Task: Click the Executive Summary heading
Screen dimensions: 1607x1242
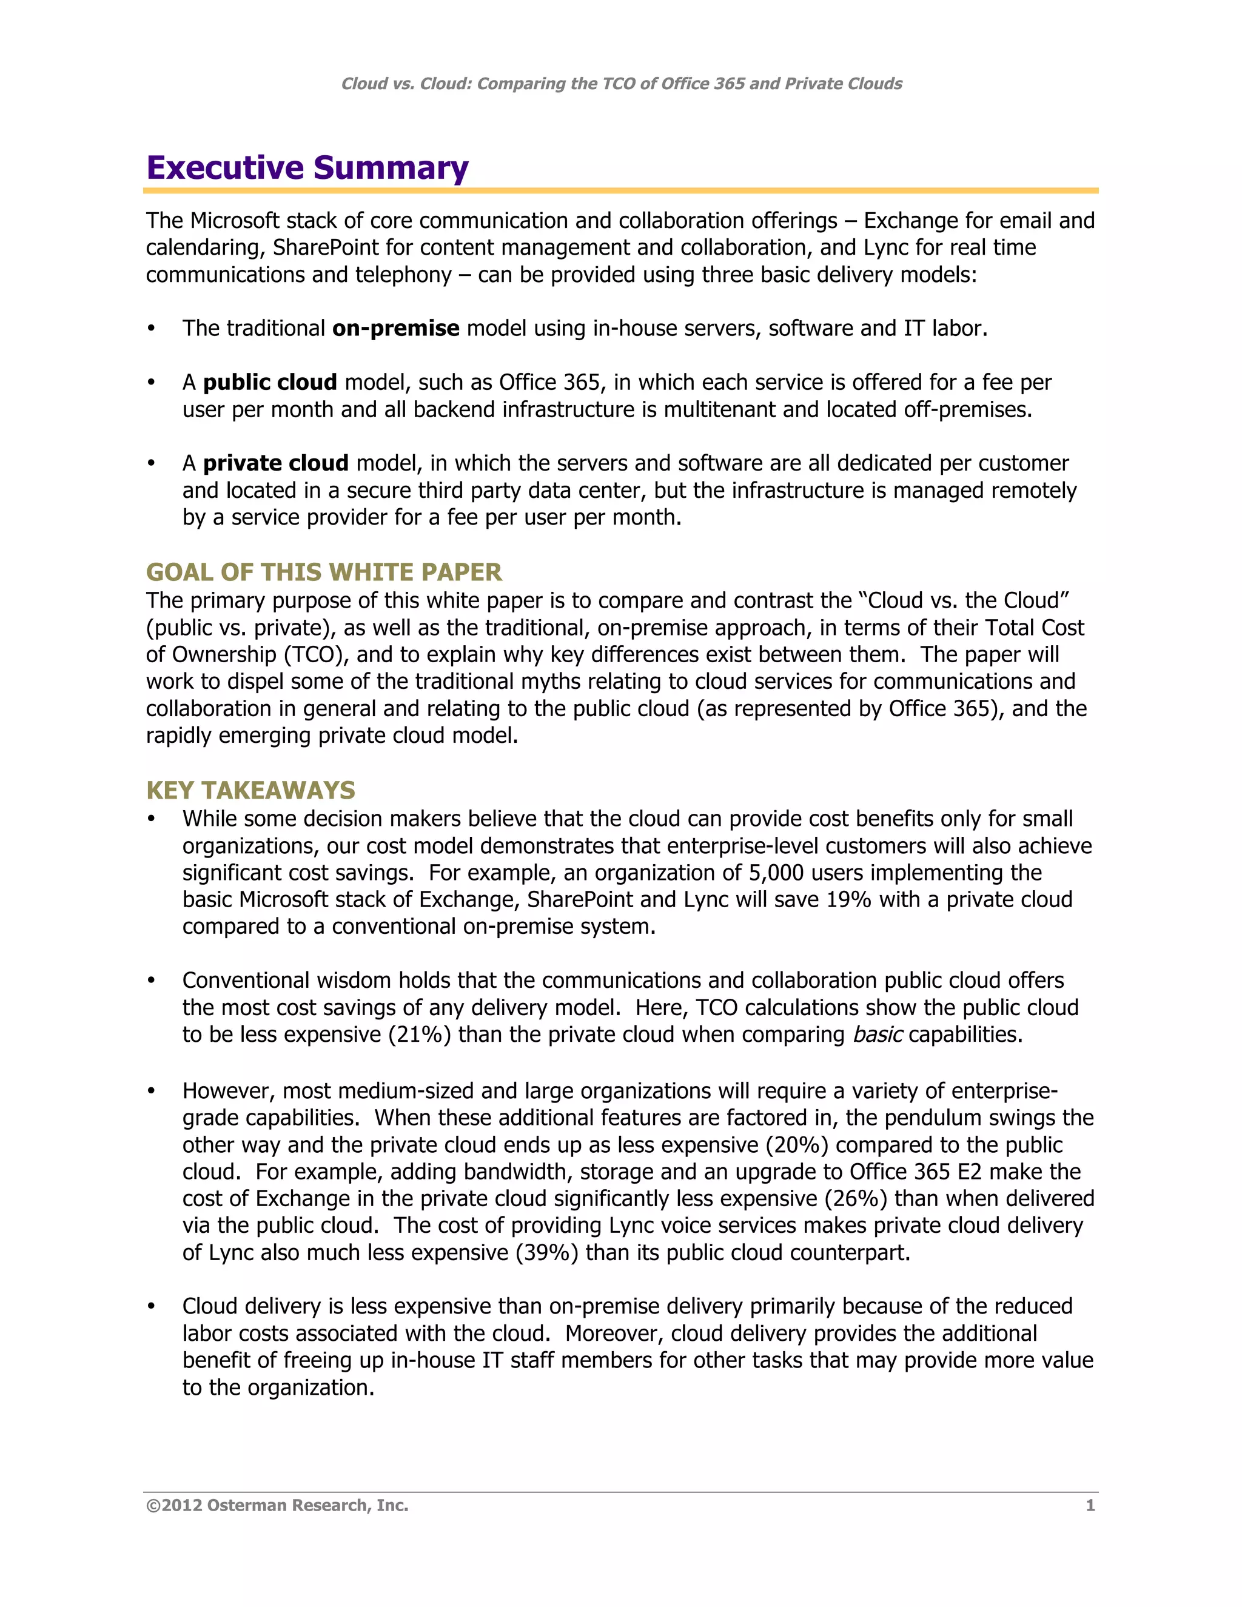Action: (307, 168)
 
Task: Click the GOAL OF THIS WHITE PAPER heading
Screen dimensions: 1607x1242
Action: (324, 572)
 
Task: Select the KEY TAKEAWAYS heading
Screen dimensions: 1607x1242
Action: (250, 790)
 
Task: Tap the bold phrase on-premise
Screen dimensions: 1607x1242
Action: (396, 328)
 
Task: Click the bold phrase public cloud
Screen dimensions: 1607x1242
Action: (269, 383)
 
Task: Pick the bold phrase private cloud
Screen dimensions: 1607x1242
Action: (275, 463)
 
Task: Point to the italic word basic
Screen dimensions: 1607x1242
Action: (877, 1035)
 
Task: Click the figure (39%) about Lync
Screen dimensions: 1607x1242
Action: (546, 1252)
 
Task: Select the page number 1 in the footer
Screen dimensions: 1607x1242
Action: (1090, 1506)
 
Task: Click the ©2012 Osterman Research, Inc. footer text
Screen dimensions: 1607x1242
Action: (277, 1506)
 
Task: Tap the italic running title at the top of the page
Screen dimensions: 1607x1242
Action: (621, 84)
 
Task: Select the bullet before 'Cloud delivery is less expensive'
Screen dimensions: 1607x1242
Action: (152, 1306)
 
